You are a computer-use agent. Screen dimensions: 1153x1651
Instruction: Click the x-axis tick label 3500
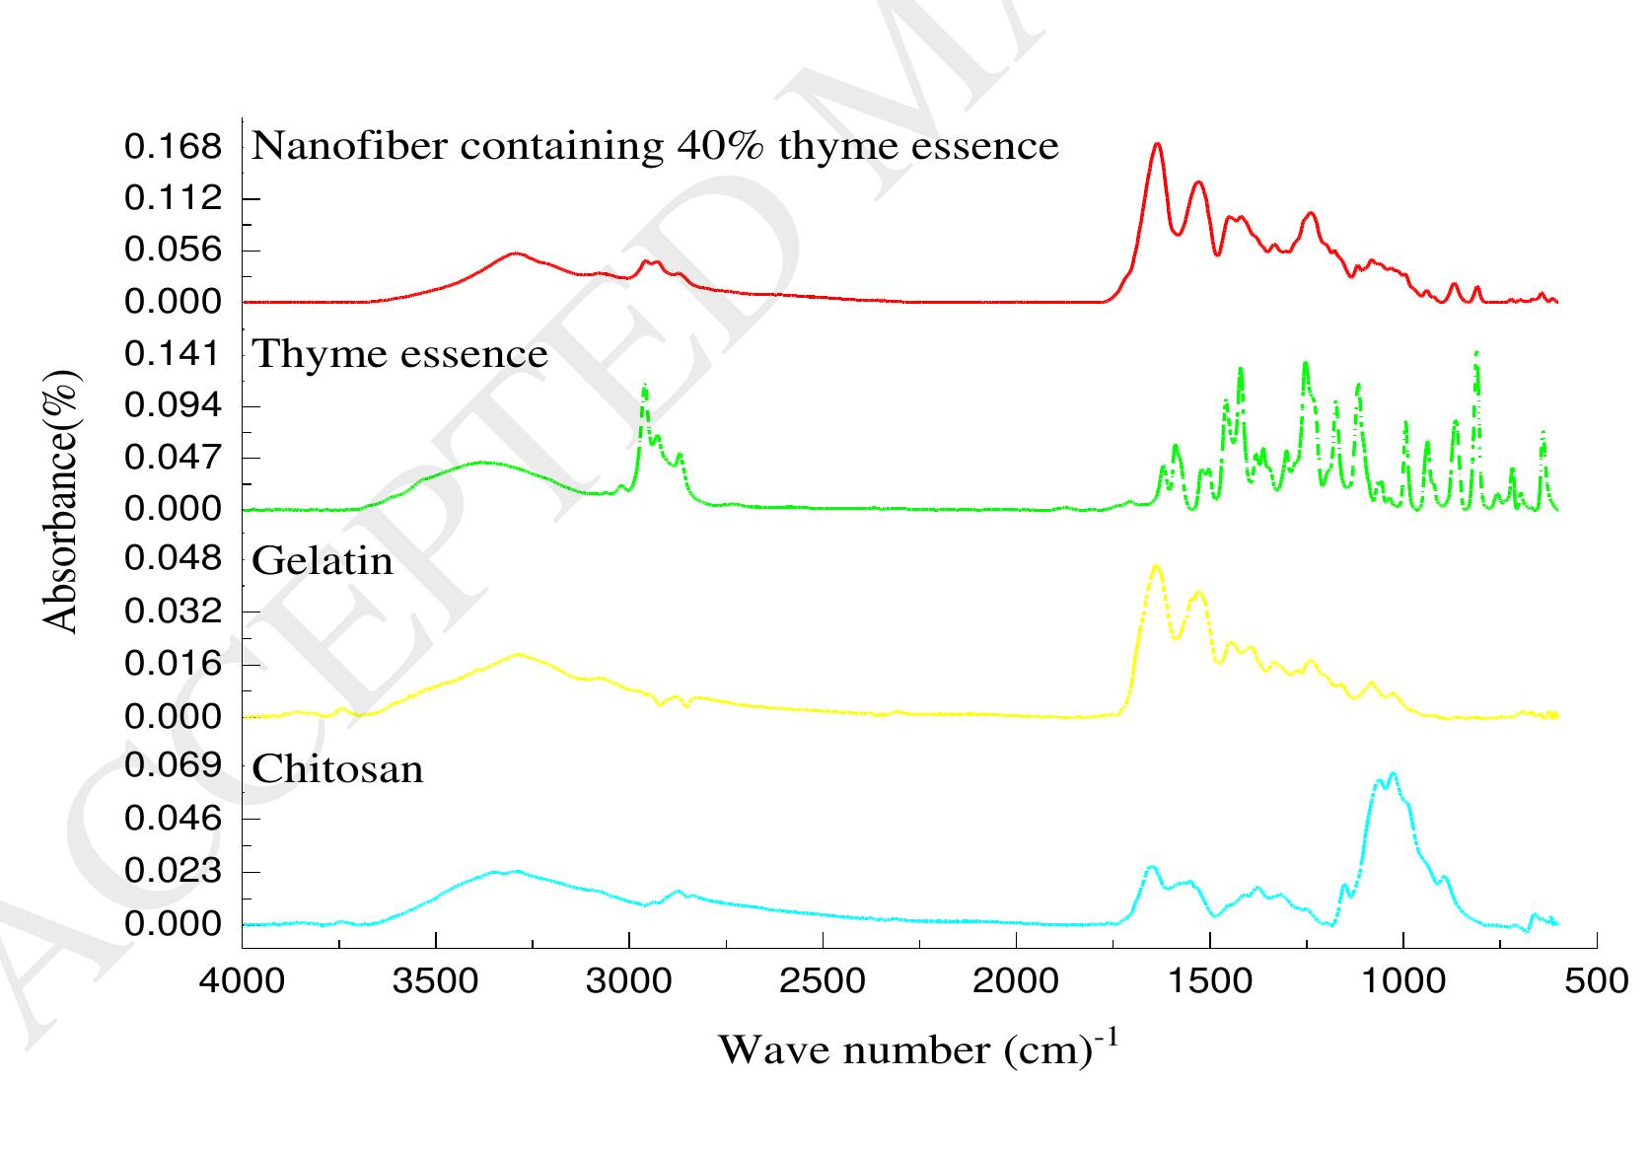pos(435,981)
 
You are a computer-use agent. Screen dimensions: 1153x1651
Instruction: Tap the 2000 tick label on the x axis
pos(1016,981)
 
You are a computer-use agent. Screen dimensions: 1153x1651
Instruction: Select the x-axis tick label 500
pos(1596,981)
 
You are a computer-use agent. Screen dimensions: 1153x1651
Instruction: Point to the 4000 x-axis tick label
pos(242,981)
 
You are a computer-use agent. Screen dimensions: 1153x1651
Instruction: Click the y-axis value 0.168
pos(174,147)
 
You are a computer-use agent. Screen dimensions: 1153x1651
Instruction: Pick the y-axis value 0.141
pos(174,353)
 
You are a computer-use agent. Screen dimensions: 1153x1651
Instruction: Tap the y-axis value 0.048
pos(174,559)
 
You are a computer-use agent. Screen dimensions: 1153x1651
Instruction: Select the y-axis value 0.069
pos(174,765)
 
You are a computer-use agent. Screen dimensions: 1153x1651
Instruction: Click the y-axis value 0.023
pos(174,872)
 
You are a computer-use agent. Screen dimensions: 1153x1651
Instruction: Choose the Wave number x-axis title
pos(917,1049)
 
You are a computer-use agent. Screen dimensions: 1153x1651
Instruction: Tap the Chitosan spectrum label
pos(337,769)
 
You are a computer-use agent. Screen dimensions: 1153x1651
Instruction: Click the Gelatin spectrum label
pos(323,561)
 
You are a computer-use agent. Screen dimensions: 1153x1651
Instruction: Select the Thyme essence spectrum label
pos(399,353)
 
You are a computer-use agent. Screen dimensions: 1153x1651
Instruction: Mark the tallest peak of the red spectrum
pos(1157,144)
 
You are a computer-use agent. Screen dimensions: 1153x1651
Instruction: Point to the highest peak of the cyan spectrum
pos(1392,774)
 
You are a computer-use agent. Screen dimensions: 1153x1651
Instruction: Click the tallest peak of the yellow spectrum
pos(1156,566)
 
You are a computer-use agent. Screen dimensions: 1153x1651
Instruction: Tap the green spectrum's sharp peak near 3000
pos(644,386)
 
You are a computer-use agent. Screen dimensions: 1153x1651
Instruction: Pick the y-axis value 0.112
pos(174,199)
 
